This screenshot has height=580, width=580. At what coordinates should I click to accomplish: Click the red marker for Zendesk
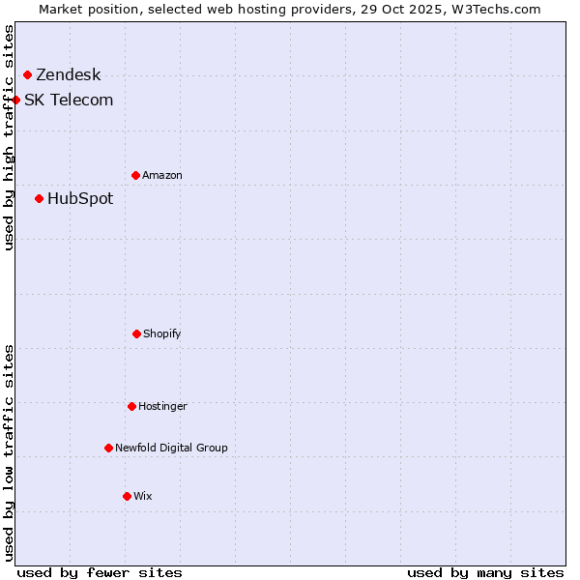(27, 74)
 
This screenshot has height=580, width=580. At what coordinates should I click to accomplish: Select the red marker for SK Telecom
(15, 100)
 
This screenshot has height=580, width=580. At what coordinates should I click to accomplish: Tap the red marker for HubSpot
(39, 198)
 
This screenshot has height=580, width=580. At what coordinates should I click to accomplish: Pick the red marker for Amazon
(135, 175)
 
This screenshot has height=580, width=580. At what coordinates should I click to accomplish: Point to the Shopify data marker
(136, 333)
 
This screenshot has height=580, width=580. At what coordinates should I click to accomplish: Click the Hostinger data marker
(131, 406)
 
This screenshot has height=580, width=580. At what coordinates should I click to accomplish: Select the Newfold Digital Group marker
(108, 448)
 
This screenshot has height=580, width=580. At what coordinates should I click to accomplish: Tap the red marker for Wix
(127, 496)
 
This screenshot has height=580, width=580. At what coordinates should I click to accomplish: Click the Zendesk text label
(68, 75)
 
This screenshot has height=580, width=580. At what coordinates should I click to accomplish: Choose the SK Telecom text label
(69, 101)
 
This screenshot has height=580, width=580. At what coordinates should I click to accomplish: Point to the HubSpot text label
(80, 199)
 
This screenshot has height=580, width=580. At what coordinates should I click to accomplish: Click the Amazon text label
(162, 175)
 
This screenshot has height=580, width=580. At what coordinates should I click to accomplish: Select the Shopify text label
(162, 333)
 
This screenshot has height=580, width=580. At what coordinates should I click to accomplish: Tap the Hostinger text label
(162, 406)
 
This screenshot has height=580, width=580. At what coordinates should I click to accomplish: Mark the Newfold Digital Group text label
(171, 448)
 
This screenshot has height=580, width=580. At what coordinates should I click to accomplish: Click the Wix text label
(143, 496)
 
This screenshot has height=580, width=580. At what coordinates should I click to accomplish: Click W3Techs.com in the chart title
(494, 9)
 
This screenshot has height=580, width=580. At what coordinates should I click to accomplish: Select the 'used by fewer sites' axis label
(100, 572)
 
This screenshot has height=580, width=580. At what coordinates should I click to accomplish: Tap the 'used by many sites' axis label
(485, 572)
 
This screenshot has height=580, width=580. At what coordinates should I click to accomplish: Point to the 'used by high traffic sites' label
(9, 137)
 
